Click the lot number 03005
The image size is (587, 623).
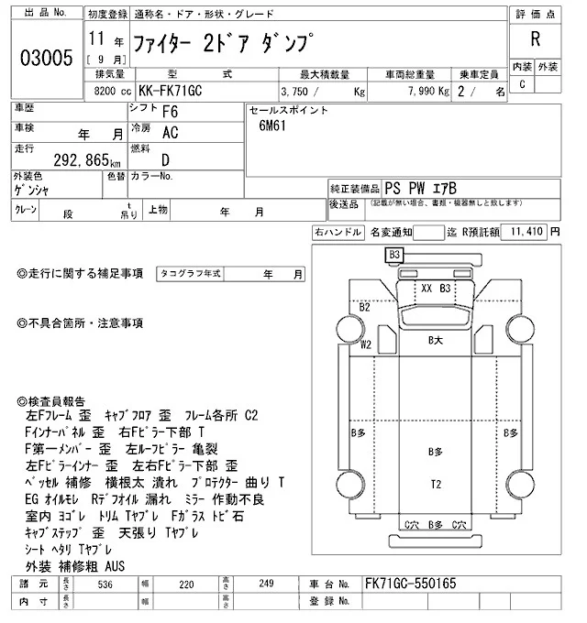click(45, 58)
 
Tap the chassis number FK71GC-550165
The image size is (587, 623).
click(410, 583)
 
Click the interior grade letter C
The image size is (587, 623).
click(523, 84)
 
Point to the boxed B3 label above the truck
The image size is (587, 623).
click(395, 254)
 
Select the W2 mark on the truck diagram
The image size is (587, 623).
click(366, 344)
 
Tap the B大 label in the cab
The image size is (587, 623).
click(437, 340)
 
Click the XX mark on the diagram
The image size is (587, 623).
click(426, 288)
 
